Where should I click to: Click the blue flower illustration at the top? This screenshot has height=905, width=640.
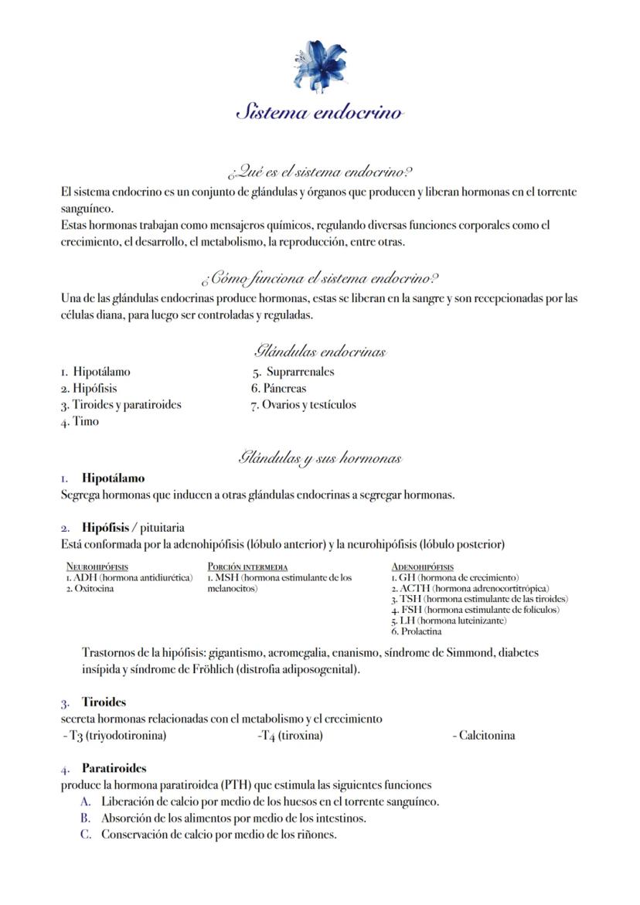[319, 65]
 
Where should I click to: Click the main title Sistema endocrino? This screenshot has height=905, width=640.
[319, 112]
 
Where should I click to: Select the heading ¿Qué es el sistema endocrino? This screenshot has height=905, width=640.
[319, 171]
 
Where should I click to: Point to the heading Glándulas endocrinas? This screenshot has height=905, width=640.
[319, 352]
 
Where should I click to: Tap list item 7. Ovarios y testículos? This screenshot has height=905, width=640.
[303, 405]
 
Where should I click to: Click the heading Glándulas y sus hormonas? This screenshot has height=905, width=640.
[319, 458]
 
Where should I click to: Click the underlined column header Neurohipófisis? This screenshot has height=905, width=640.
[97, 567]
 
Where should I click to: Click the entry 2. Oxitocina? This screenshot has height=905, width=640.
[90, 588]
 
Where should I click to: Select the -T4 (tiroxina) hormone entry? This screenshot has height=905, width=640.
[290, 736]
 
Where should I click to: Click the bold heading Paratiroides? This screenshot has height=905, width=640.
[114, 768]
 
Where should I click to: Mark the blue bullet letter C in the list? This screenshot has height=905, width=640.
[86, 835]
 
